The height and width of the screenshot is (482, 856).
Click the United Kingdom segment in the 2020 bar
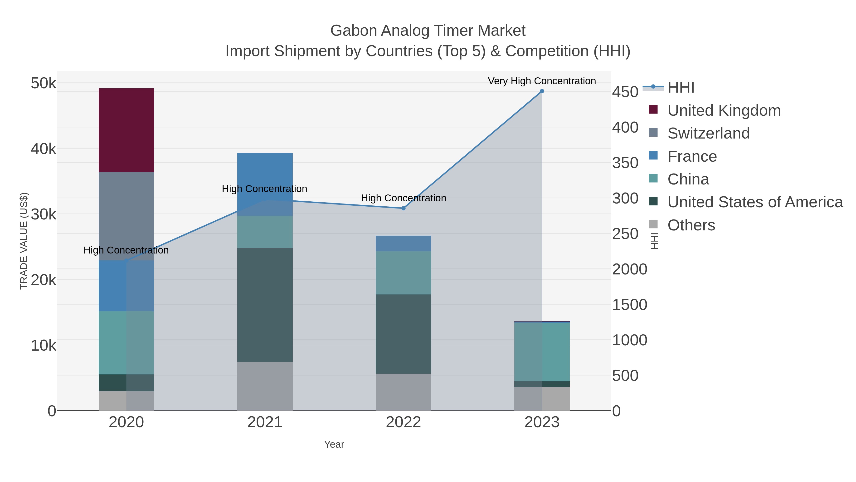pyautogui.click(x=126, y=130)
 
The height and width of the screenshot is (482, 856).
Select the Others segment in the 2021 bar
pyautogui.click(x=265, y=386)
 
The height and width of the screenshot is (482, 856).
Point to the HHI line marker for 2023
pyautogui.click(x=542, y=91)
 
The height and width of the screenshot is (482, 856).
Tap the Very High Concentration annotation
pyautogui.click(x=542, y=81)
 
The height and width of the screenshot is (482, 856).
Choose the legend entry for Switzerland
pyautogui.click(x=708, y=133)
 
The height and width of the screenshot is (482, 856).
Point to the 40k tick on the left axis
pyautogui.click(x=44, y=149)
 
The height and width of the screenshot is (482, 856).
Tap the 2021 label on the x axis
pyautogui.click(x=265, y=422)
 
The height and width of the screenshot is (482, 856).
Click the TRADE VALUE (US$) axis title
pyautogui.click(x=24, y=241)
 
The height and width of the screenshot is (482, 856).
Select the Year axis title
pyautogui.click(x=334, y=444)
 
